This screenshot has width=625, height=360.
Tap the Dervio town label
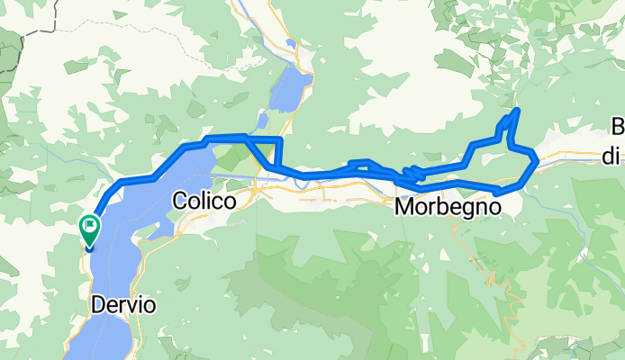[x=122, y=305]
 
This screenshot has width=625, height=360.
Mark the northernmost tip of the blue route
[x=517, y=110]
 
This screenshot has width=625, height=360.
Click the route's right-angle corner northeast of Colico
[x=280, y=141]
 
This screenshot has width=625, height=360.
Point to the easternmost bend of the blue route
[x=537, y=160]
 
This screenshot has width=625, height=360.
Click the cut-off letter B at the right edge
[x=618, y=126]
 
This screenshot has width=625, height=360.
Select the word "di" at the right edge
[x=611, y=157]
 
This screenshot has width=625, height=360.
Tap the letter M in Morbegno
[x=405, y=206]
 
